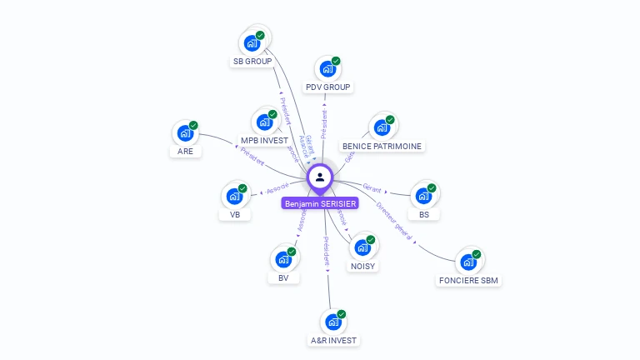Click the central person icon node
tap(320, 177)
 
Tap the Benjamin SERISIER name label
tap(320, 203)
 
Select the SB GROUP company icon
tap(252, 43)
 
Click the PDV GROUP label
tap(328, 87)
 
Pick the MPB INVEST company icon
tap(265, 122)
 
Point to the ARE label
tap(185, 151)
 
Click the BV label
tap(283, 277)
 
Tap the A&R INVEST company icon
tap(333, 322)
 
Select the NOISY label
tap(362, 266)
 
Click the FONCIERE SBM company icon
tap(468, 262)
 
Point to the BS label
tap(424, 214)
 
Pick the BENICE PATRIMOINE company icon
tap(382, 127)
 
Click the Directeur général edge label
tap(394, 220)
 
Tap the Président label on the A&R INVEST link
tap(327, 251)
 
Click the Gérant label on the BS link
tap(372, 188)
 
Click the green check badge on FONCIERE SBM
tap(477, 254)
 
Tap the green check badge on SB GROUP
tap(260, 35)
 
